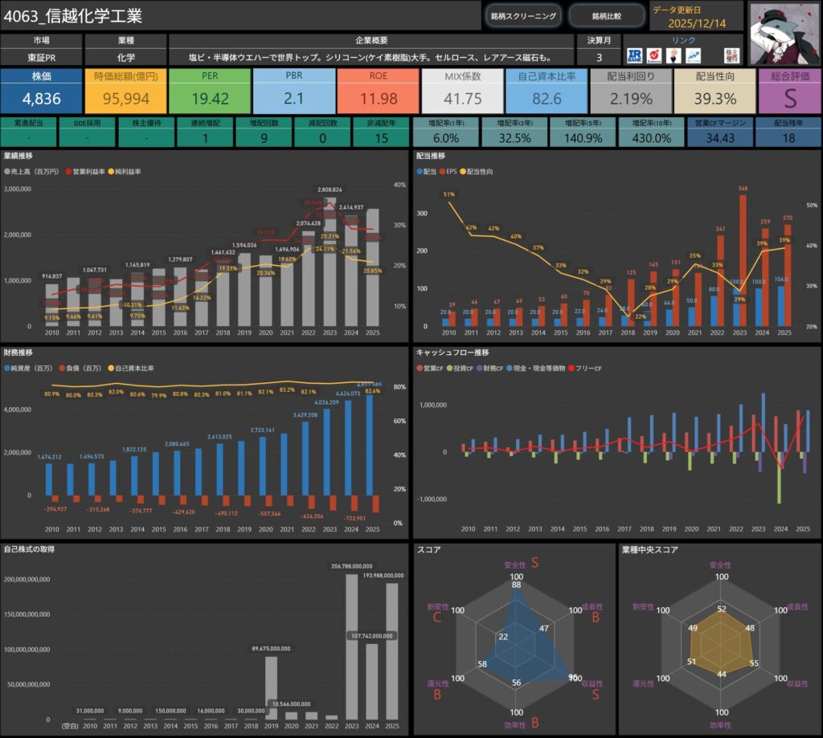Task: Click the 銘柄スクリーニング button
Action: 523,15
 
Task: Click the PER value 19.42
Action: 209,99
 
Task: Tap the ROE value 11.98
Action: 377,99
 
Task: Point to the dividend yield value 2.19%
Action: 629,99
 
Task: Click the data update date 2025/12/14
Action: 697,23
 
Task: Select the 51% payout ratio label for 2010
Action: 448,194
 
